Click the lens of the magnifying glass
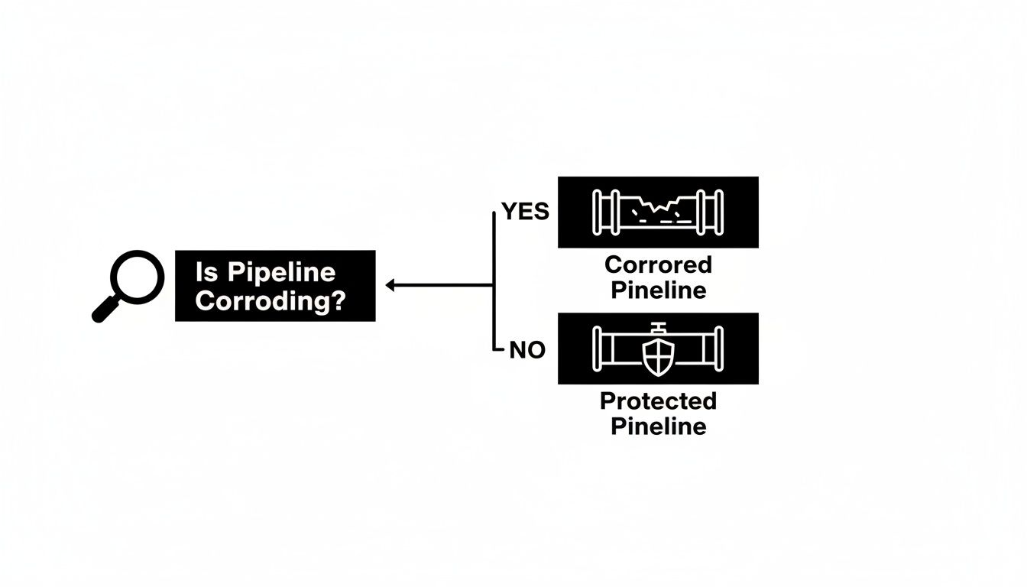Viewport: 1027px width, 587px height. tap(138, 276)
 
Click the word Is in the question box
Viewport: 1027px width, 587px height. tap(206, 272)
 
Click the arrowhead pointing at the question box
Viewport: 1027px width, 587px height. tap(390, 285)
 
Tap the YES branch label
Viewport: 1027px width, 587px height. tap(525, 212)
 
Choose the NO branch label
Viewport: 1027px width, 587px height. tap(527, 351)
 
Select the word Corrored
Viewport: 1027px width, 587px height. tap(658, 265)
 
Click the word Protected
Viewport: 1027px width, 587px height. tap(658, 401)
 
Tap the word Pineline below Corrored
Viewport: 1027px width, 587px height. tap(658, 290)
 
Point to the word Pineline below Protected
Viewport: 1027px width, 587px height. tap(658, 426)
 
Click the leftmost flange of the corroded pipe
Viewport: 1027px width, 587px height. tap(600, 212)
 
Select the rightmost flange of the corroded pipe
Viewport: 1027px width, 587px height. tap(716, 212)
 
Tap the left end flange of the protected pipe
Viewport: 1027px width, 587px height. tap(600, 349)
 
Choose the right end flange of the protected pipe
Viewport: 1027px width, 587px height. tap(717, 349)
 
